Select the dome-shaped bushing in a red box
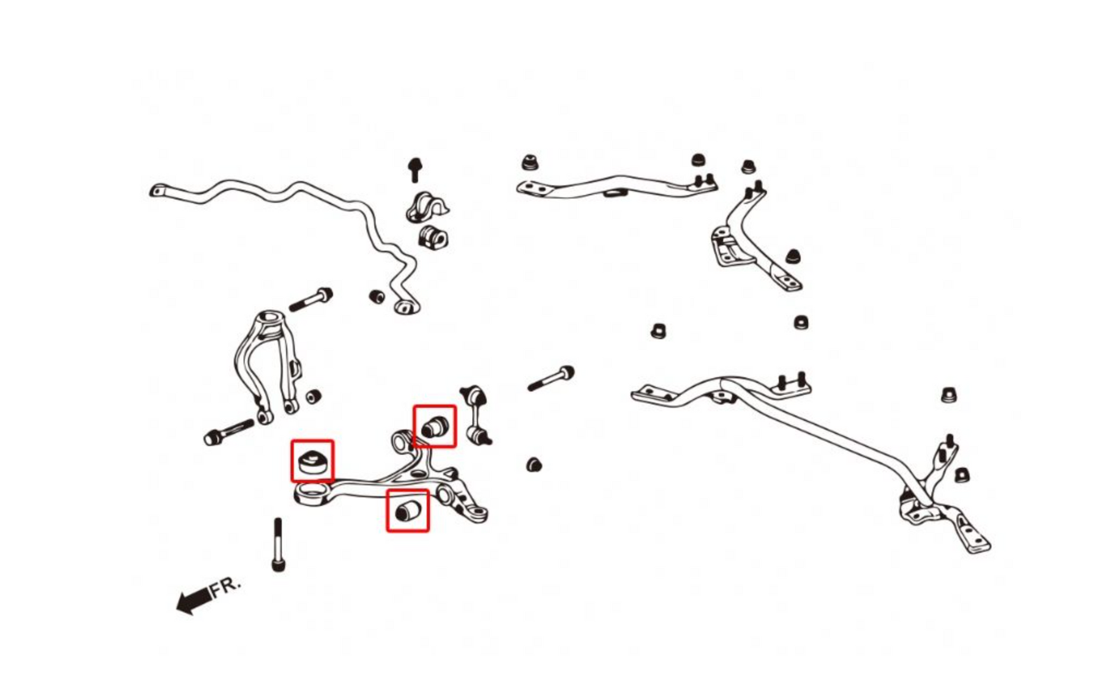coord(312,460)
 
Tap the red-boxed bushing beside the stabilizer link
coord(435,426)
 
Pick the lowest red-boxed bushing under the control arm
coord(408,510)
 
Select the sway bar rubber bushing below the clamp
coord(433,237)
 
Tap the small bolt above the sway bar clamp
coord(415,169)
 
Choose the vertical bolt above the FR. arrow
coord(278,544)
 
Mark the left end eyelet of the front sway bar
coord(158,191)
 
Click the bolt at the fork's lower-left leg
coord(228,432)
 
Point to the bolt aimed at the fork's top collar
coord(311,299)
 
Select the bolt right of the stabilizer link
coord(550,378)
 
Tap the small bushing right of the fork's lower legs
coord(313,397)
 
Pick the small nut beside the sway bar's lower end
coord(377,297)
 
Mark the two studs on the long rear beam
coord(793,381)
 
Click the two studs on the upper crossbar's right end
coord(705,179)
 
